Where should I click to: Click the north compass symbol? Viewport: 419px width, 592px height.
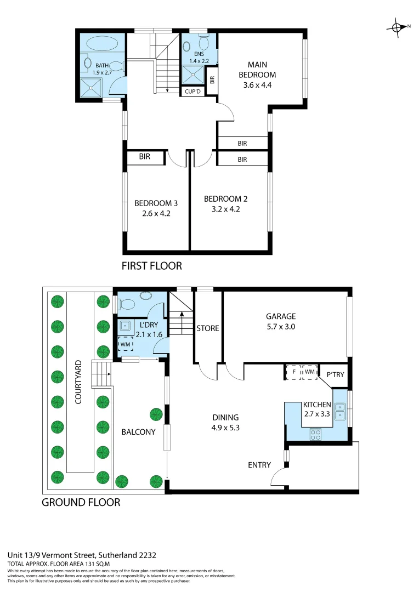coord(398,27)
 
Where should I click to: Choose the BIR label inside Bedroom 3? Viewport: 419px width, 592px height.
coord(145,157)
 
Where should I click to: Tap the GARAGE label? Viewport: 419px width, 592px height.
coord(281,316)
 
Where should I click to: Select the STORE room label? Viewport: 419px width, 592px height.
coord(208,328)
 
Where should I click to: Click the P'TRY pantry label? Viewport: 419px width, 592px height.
coord(335,375)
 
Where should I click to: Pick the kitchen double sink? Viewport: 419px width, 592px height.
coord(341,411)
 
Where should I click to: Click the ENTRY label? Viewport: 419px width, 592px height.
coord(259,465)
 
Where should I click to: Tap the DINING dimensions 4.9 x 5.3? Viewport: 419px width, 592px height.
coord(225,428)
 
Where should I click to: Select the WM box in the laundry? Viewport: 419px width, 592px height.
coord(127,344)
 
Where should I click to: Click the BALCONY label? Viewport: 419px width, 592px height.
coord(138,432)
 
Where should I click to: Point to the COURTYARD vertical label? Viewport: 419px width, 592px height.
coord(78,382)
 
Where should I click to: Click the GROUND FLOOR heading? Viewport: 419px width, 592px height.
coord(81,502)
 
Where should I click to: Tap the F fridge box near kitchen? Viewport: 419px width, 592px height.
coord(294,372)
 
